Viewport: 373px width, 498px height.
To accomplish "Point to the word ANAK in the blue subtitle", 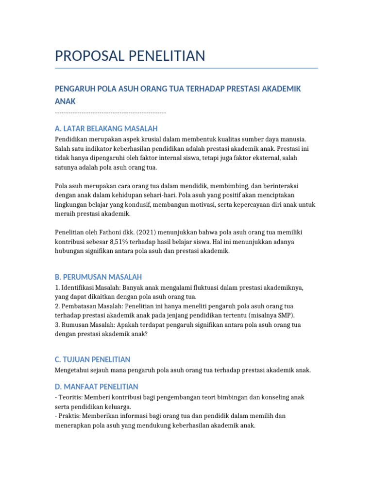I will pyautogui.click(x=66, y=101).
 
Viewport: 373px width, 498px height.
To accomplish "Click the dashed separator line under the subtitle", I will pyautogui.click(x=110, y=113).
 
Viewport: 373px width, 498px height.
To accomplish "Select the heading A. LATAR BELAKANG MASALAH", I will pyautogui.click(x=106, y=129).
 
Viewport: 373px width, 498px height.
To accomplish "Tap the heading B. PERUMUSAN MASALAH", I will pyautogui.click(x=98, y=277).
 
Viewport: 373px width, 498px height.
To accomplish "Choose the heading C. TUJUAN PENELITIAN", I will pyautogui.click(x=92, y=359).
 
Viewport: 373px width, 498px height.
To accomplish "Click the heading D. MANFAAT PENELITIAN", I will pyautogui.click(x=96, y=387).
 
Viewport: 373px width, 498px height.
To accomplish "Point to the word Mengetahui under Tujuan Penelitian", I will pyautogui.click(x=74, y=370).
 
